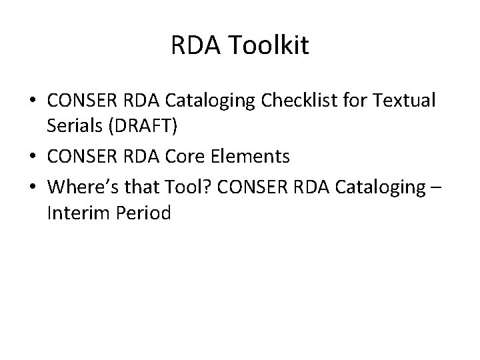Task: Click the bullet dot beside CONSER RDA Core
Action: point(33,157)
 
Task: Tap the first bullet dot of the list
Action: point(33,101)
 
